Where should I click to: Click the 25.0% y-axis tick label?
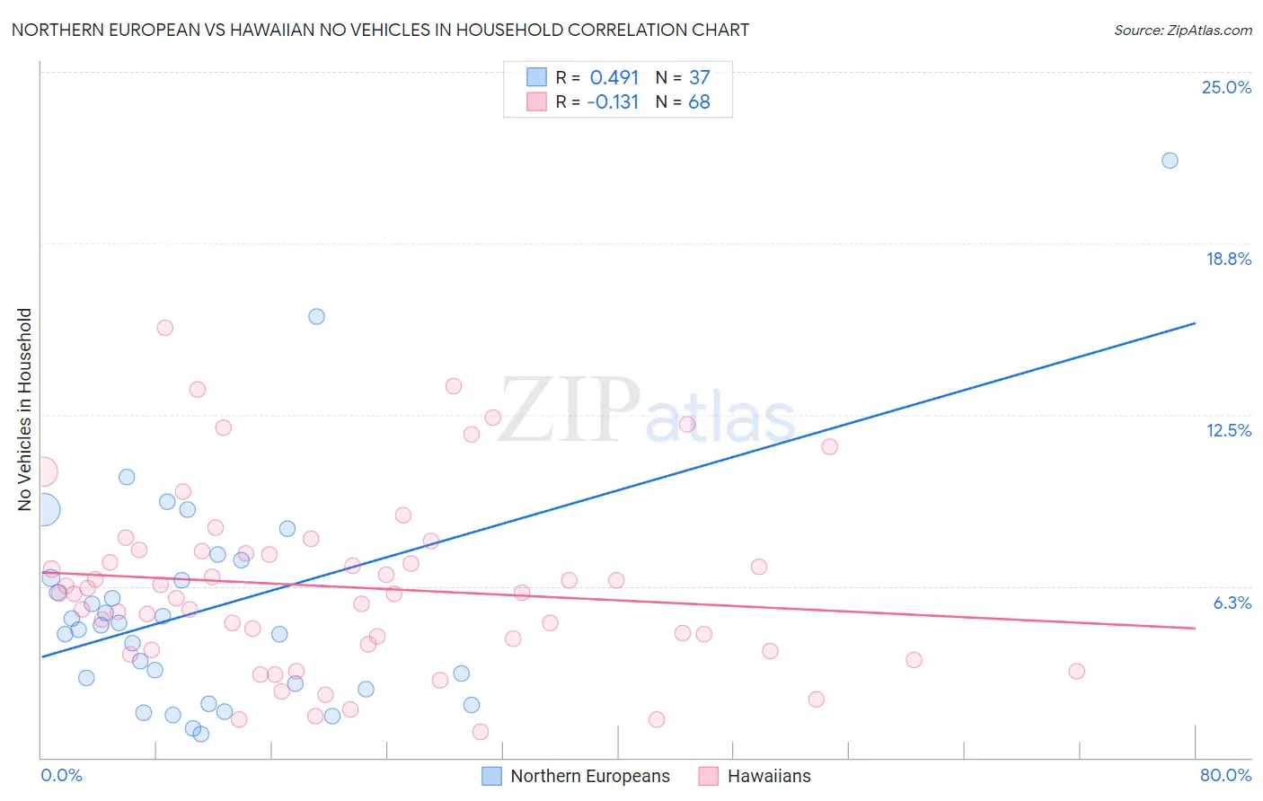(x=1226, y=87)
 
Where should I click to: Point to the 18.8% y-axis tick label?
(x=1228, y=259)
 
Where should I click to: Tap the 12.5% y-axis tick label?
(x=1228, y=430)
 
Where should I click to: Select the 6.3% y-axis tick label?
(x=1232, y=603)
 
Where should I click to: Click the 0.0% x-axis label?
(x=61, y=775)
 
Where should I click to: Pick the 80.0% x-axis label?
(x=1225, y=775)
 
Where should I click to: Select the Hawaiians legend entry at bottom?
(x=768, y=776)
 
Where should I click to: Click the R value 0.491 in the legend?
(x=614, y=77)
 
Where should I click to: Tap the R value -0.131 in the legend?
(x=613, y=101)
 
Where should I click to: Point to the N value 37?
(x=699, y=77)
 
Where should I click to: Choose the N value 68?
(x=699, y=101)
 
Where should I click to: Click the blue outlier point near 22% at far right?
(x=1170, y=161)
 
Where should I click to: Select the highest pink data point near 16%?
(x=164, y=328)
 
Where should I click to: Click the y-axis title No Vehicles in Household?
(x=25, y=409)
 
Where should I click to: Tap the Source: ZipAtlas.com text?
(x=1182, y=31)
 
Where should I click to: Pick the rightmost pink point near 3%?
(x=1076, y=671)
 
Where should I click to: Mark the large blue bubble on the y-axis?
(x=42, y=510)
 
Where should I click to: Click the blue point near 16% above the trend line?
(x=316, y=316)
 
